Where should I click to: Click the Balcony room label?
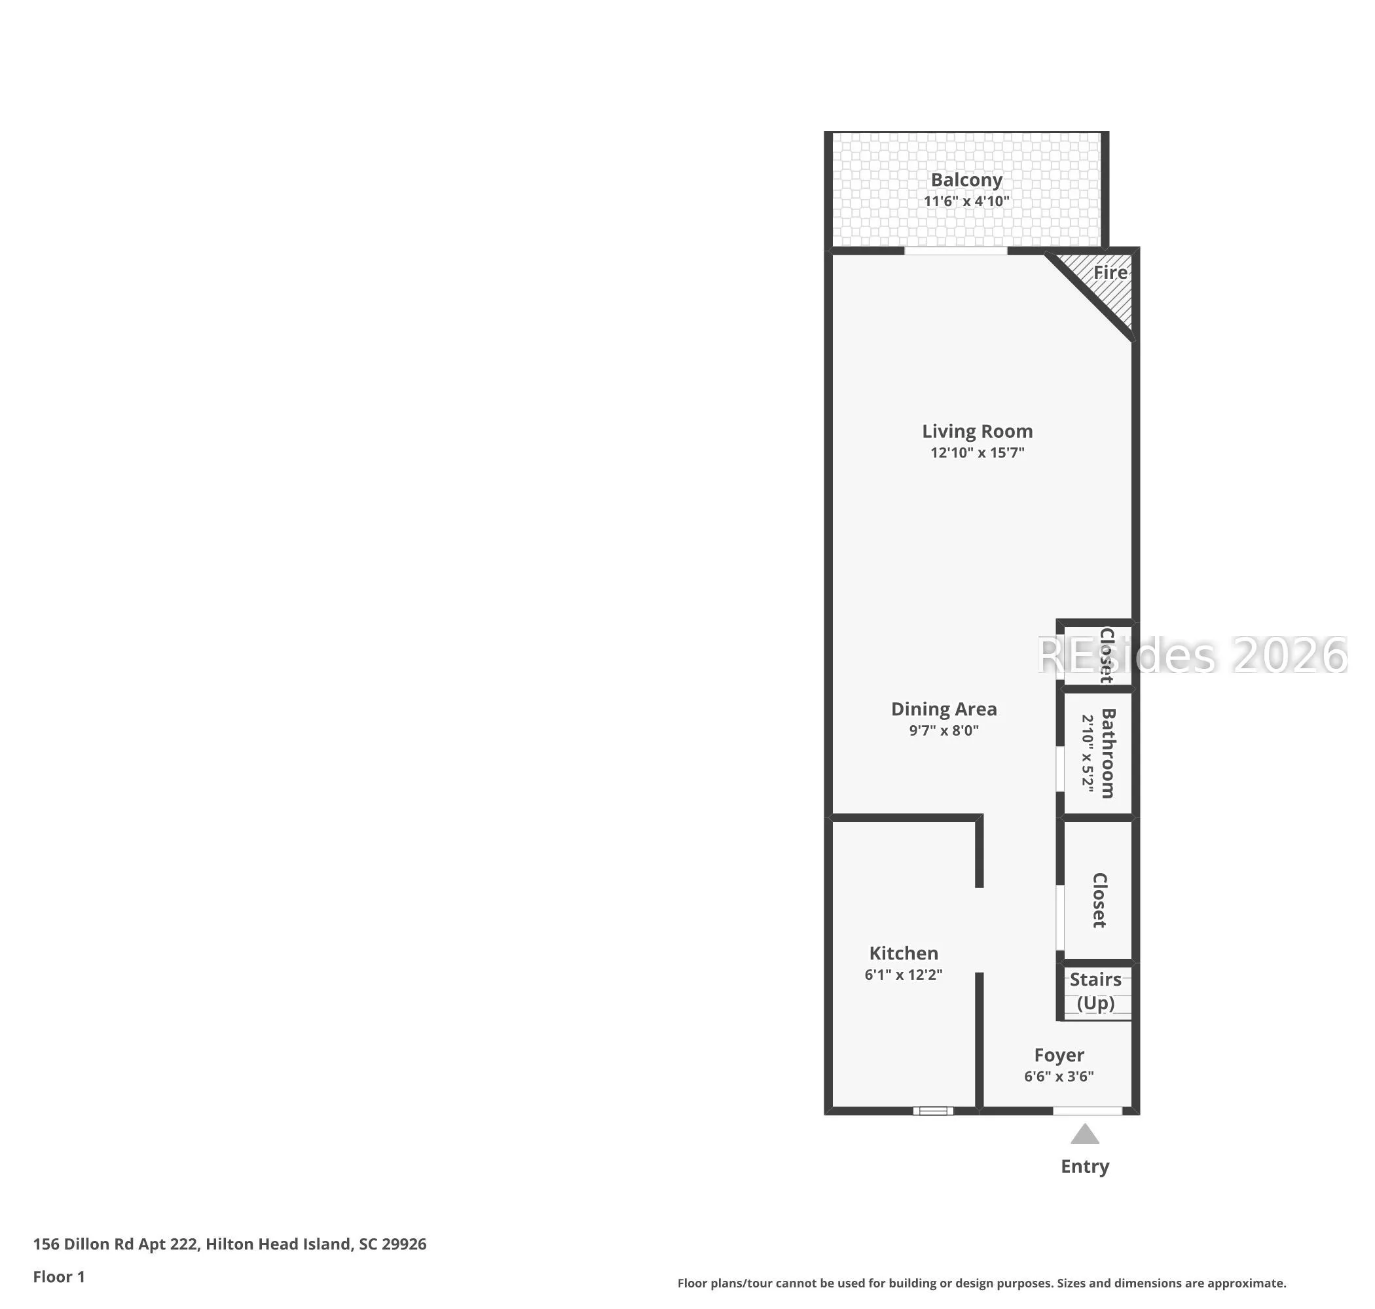[x=966, y=180]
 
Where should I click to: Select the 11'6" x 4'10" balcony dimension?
[x=966, y=201]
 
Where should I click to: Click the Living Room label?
[x=977, y=431]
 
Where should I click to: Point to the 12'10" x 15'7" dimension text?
[x=977, y=452]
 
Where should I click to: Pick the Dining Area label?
[x=944, y=709]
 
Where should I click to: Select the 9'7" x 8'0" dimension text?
[x=944, y=730]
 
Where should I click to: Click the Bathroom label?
[x=1108, y=753]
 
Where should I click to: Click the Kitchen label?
[x=903, y=953]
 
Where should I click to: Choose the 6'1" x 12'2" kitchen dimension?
[x=903, y=975]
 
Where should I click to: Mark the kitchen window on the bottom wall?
[x=933, y=1111]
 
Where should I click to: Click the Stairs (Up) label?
[x=1095, y=992]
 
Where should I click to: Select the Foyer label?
[x=1059, y=1055]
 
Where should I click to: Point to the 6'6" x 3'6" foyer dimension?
[x=1059, y=1077]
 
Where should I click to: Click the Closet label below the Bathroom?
[x=1099, y=900]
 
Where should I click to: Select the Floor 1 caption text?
[x=59, y=1277]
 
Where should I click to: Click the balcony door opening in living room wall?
[x=955, y=251]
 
